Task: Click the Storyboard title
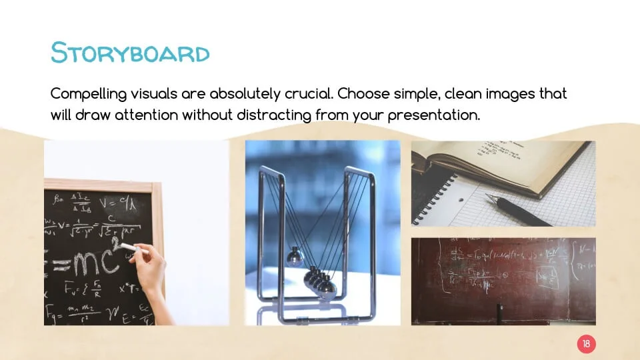click(130, 53)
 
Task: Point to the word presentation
click(435, 115)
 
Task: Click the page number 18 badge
click(586, 344)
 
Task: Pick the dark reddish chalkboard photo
click(503, 281)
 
